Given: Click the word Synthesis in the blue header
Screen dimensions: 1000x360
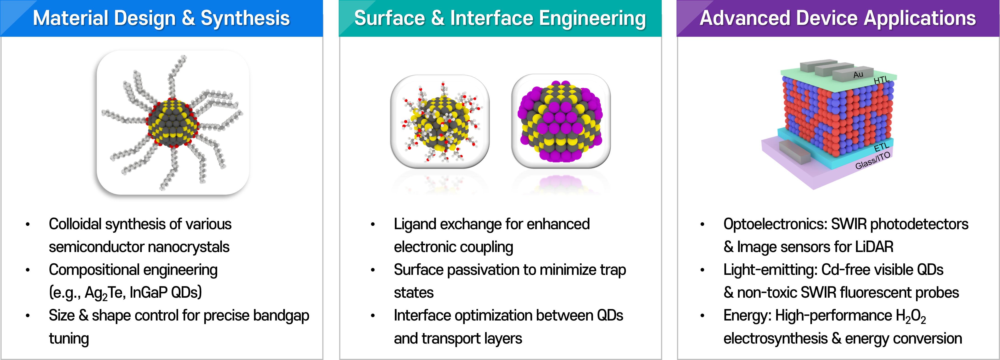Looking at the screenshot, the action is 245,18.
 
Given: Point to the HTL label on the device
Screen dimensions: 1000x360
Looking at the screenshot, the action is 881,80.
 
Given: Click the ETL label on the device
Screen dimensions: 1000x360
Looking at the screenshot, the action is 881,147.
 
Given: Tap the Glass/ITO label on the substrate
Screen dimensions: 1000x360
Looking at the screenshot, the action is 873,160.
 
